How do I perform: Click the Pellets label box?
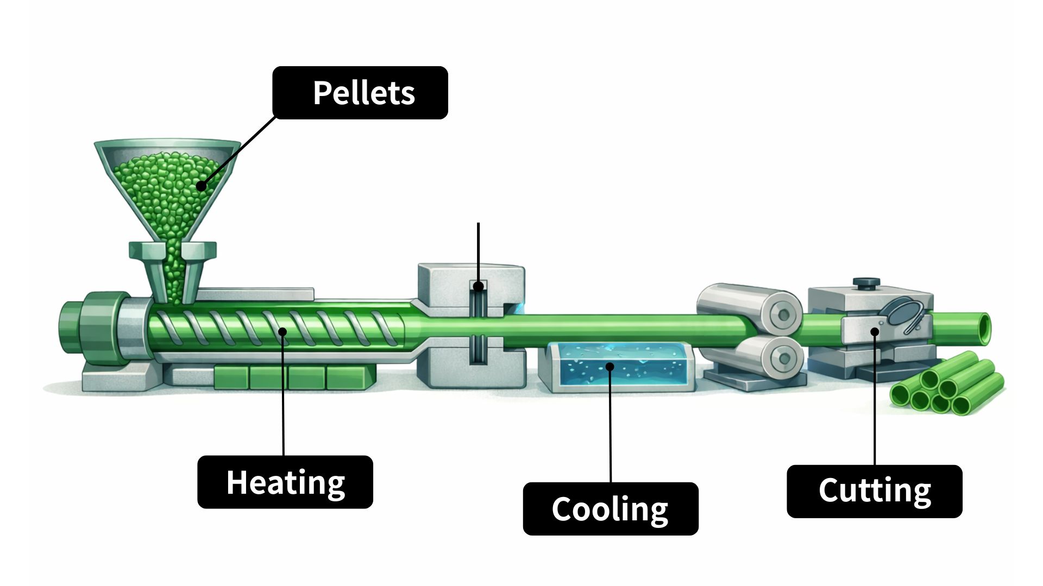[360, 93]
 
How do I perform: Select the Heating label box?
[285, 482]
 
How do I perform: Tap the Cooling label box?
[610, 508]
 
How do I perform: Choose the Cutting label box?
[874, 491]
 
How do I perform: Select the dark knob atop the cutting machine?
[866, 283]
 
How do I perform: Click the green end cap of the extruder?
[87, 330]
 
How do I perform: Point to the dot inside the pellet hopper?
[202, 186]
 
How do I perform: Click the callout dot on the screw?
[282, 332]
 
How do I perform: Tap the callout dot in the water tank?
[610, 367]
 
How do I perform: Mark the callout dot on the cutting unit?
[875, 332]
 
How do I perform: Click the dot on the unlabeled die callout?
[478, 286]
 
